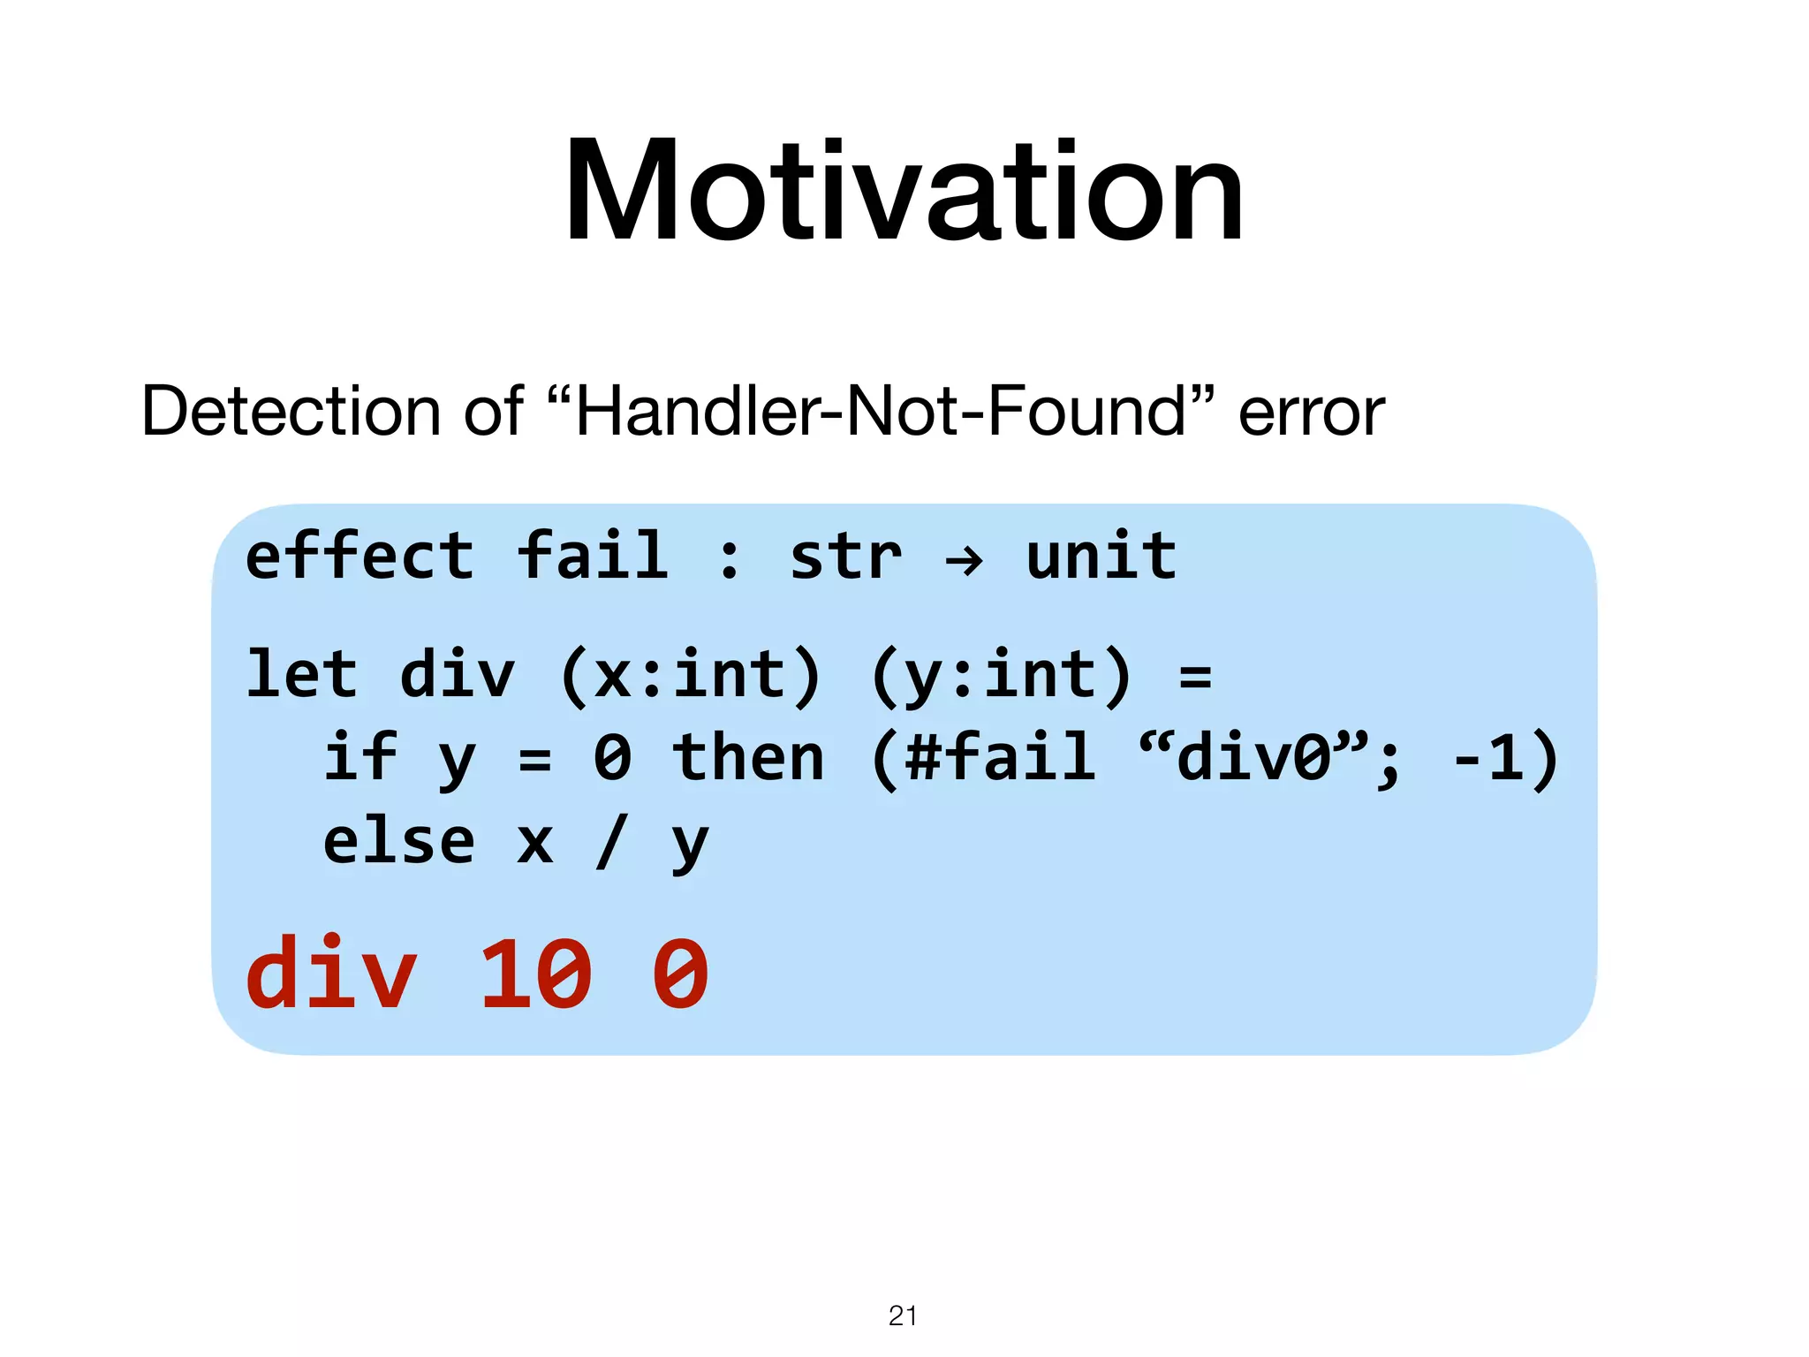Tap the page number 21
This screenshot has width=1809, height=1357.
902,1315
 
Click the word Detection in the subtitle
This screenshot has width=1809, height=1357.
290,412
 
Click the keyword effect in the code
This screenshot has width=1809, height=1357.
360,557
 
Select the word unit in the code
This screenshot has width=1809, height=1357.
1101,557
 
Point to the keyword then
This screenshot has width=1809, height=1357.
748,758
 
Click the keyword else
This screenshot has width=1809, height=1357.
398,841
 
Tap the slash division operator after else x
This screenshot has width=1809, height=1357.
611,843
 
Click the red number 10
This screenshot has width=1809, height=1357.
534,975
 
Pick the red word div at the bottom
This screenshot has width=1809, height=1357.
330,974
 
